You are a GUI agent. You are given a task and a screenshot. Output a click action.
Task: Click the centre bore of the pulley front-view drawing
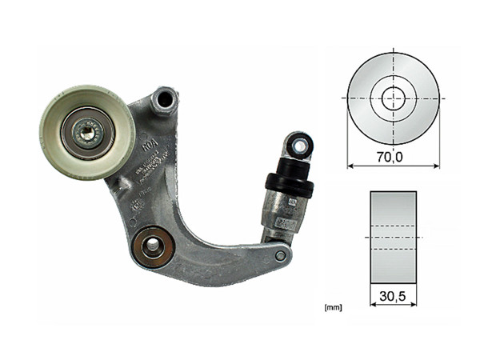(394, 99)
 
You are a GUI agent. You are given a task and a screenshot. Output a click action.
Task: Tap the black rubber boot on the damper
(290, 182)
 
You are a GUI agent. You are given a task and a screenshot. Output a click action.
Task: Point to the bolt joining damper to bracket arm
(280, 256)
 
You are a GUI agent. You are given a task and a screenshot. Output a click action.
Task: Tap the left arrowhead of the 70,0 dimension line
(350, 166)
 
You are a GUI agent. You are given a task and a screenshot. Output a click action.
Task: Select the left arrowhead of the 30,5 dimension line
(372, 306)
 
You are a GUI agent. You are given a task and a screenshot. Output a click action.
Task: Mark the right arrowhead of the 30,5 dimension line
(415, 306)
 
